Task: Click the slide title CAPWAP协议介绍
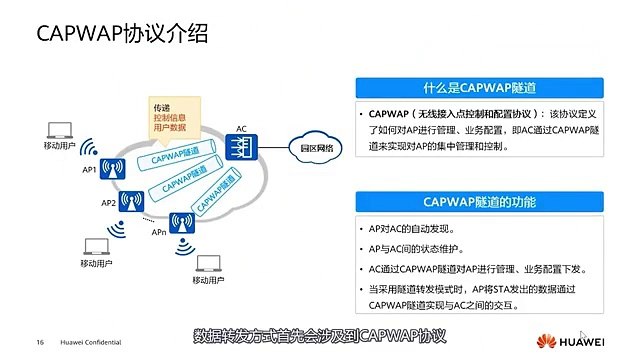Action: (122, 36)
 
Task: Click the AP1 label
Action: (89, 170)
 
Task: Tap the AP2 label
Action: (107, 202)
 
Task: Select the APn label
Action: (159, 231)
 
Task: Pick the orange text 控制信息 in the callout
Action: (169, 117)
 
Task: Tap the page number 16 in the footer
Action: (41, 341)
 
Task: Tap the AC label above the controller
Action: (241, 128)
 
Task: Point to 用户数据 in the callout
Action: (169, 128)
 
